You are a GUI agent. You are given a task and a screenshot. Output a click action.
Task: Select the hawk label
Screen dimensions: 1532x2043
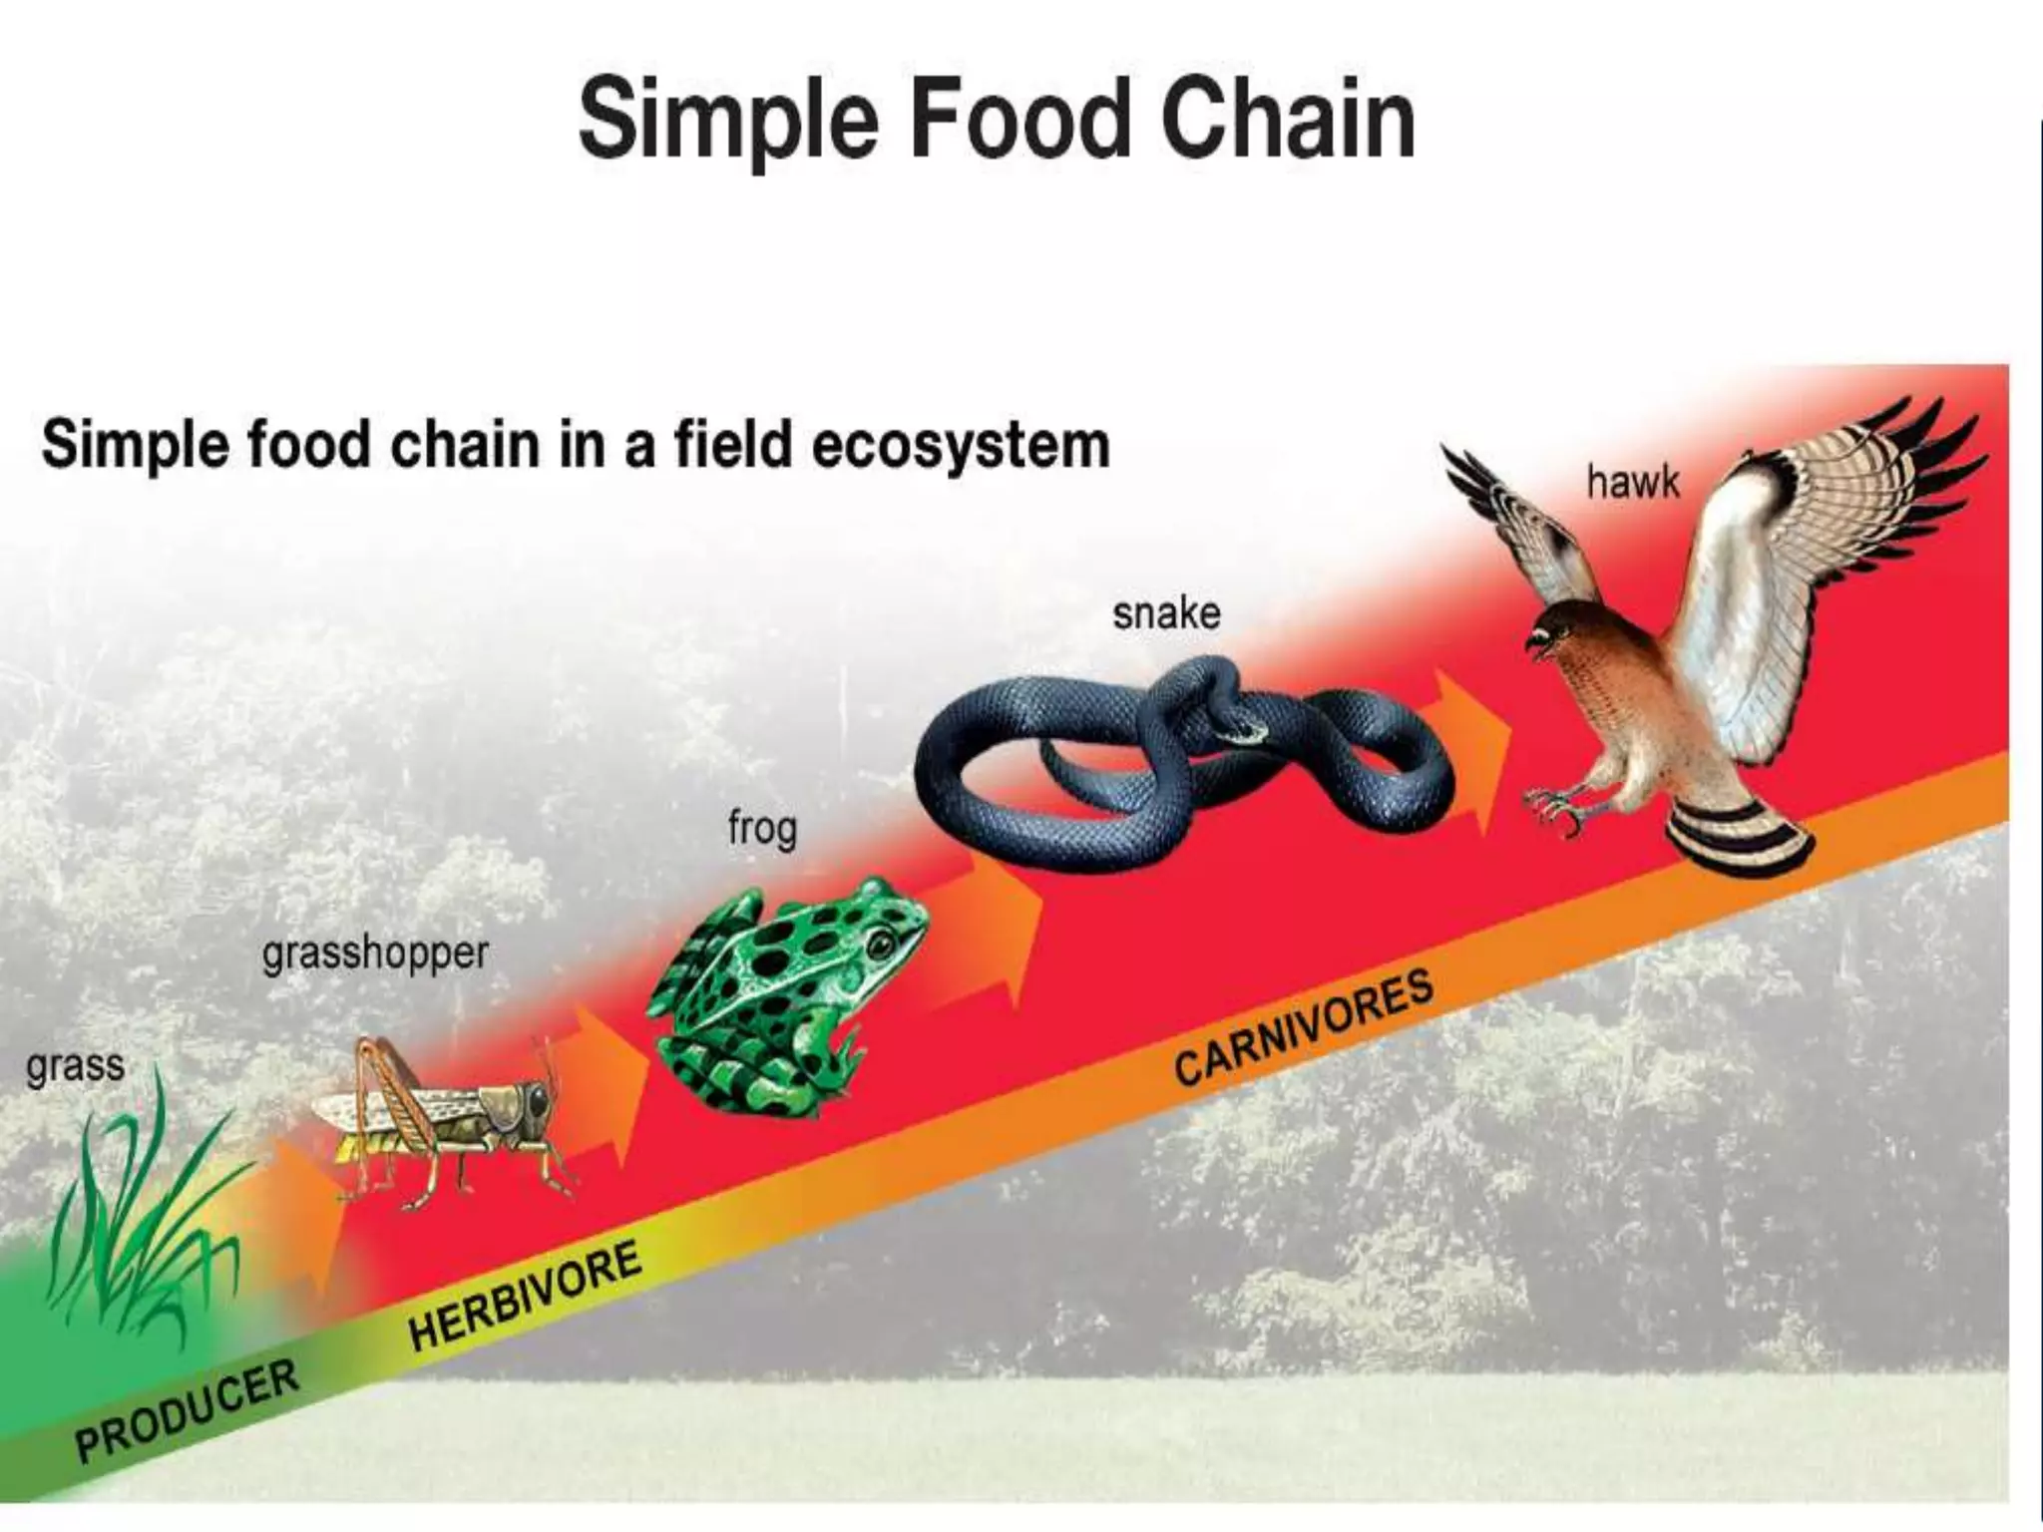[1633, 483]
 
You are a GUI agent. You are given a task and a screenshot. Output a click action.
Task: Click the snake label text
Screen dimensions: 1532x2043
[1166, 613]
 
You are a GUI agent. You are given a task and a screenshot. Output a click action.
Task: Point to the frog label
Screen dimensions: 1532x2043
[762, 829]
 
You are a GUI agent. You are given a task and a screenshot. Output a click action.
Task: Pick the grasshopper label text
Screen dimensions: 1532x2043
[375, 955]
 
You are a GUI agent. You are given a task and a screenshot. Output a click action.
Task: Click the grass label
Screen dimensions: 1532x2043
[75, 1066]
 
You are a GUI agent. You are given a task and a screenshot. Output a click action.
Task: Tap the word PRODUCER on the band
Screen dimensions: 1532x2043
[188, 1410]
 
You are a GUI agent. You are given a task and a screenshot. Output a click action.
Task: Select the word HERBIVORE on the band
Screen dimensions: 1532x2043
[525, 1296]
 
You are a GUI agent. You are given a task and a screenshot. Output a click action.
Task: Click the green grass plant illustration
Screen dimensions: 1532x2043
[140, 1227]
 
